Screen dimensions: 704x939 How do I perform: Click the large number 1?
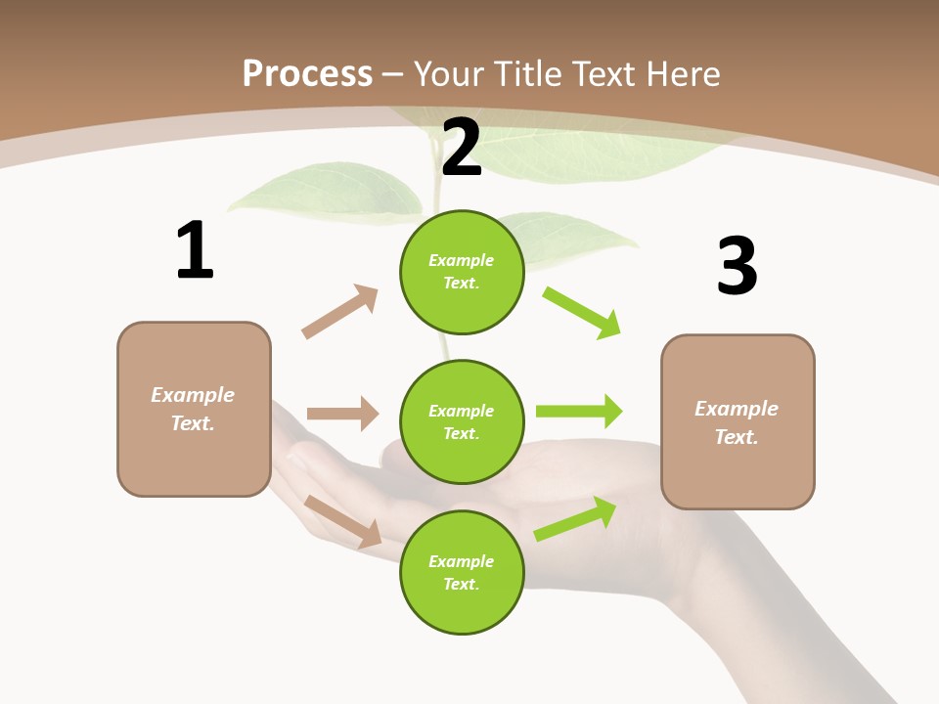pos(195,250)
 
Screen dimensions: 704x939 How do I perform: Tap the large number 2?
pos(462,148)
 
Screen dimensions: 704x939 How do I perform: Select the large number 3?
pos(737,266)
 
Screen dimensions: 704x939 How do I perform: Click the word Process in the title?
pos(307,73)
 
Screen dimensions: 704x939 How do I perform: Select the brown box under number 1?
pos(194,409)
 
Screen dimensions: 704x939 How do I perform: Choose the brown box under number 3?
pos(738,422)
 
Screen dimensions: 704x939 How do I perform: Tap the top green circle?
pos(462,272)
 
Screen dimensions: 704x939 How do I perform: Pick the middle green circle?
pos(462,421)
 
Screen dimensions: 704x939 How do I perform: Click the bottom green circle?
pos(462,572)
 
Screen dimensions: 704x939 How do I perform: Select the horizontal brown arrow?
pos(342,414)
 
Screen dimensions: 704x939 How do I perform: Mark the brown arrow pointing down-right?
pos(343,520)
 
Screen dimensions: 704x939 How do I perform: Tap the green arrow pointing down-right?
pos(582,312)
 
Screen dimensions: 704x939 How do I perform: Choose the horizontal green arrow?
pos(579,411)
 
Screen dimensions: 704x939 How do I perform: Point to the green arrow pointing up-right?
pos(575,518)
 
